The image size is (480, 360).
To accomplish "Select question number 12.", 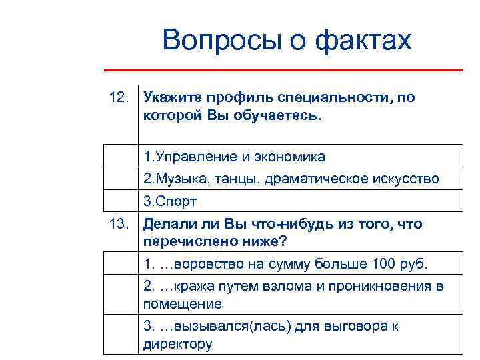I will click(x=119, y=98).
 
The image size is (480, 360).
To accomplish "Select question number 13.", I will click(x=119, y=224).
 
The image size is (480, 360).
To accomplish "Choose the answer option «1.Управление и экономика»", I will click(x=234, y=157).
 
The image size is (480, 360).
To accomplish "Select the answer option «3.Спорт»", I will click(x=170, y=201).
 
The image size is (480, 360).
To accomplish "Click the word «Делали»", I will click(x=169, y=224).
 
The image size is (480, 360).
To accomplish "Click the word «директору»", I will click(x=177, y=344).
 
